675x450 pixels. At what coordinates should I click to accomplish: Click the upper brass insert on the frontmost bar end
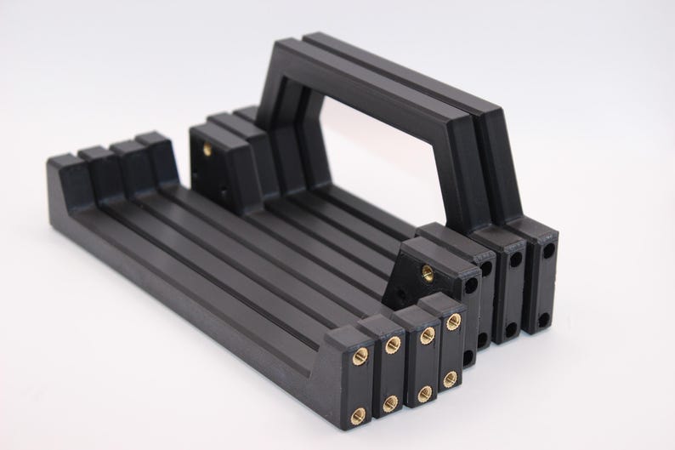(x=360, y=356)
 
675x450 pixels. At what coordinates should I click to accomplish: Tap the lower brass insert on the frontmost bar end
(x=358, y=414)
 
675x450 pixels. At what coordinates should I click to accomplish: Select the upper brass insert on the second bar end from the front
(x=392, y=345)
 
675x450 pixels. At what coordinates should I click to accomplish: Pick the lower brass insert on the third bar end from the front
(x=424, y=393)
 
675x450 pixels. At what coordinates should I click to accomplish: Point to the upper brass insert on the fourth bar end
(x=453, y=321)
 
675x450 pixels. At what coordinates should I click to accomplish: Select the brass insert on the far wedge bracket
(x=207, y=151)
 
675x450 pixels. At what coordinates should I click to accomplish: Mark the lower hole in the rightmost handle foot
(x=543, y=321)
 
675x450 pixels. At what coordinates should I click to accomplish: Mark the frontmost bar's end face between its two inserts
(x=359, y=385)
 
